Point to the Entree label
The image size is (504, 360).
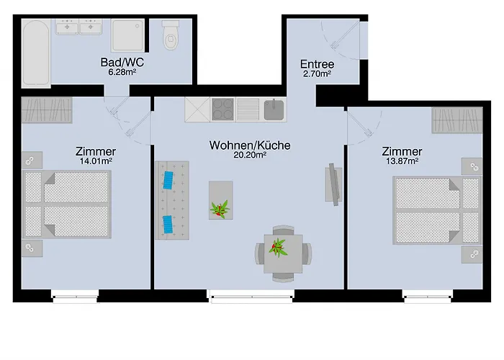pos(317,64)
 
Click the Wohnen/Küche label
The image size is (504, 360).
pos(250,145)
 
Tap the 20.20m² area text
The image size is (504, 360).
pos(250,154)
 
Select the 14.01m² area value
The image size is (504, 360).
pos(95,161)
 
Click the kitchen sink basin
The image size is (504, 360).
pos(274,109)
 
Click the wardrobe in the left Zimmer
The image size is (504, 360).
pos(47,110)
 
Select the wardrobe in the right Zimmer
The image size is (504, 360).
pos(456,120)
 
